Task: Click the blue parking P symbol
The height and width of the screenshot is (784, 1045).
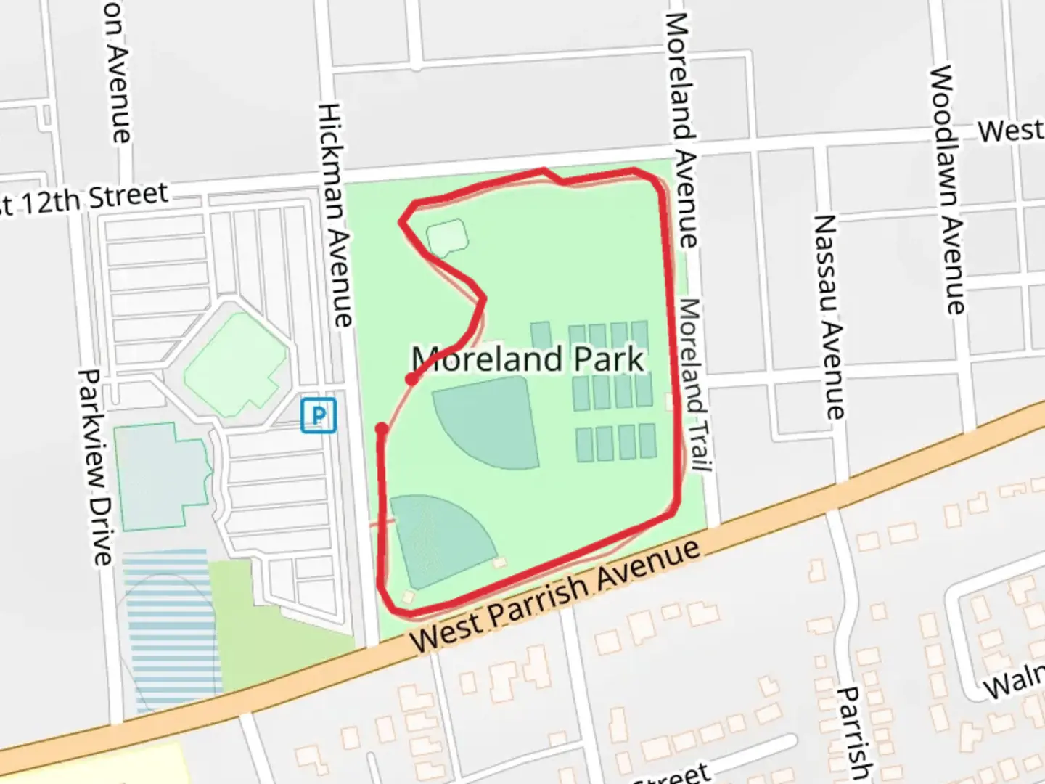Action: point(319,415)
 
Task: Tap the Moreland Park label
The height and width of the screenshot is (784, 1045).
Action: point(528,359)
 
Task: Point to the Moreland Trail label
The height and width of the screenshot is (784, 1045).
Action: point(693,385)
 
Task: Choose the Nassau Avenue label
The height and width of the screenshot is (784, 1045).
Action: point(829,317)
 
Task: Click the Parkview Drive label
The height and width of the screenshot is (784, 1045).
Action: point(96,468)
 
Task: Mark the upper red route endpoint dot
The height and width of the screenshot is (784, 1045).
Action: point(411,379)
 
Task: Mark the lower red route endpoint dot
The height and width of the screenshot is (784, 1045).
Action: point(381,429)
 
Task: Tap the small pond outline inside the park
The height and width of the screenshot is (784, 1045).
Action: point(446,237)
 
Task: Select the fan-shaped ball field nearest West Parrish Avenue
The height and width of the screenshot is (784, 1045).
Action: point(435,537)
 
